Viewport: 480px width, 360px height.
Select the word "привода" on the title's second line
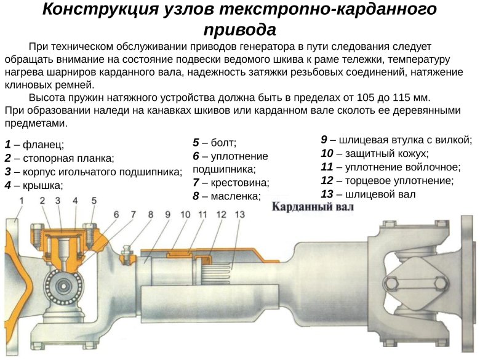click(239, 30)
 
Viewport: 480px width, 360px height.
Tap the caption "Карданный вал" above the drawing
click(313, 207)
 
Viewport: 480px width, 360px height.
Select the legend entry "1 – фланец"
click(34, 145)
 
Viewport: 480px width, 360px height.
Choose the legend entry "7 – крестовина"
click(231, 183)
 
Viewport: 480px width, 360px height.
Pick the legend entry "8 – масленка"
click(226, 196)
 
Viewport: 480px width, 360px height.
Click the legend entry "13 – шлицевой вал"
click(368, 194)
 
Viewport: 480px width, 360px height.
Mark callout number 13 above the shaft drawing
click(239, 214)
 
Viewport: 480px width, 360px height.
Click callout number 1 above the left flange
click(22, 201)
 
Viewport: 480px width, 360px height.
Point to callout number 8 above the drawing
click(150, 214)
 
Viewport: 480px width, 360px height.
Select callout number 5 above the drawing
click(94, 201)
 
